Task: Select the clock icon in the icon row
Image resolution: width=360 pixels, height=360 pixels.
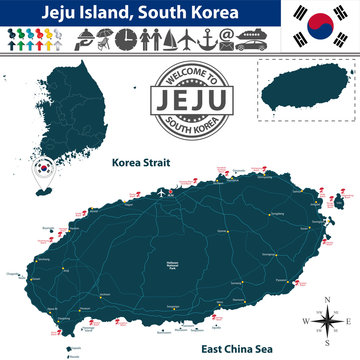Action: tap(128, 39)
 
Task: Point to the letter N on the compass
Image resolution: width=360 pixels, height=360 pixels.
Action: tap(326, 300)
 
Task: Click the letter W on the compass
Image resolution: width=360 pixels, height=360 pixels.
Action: tap(305, 321)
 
